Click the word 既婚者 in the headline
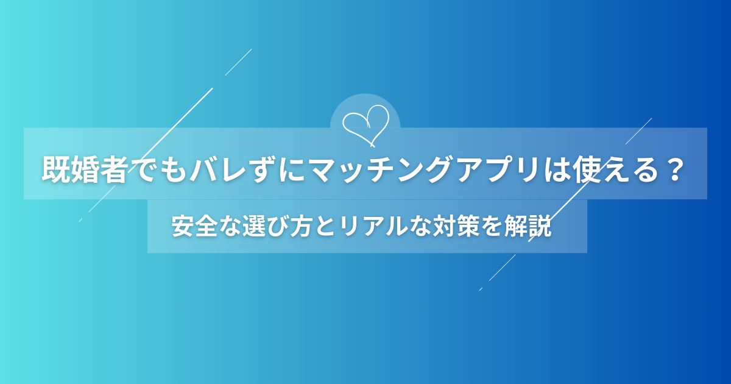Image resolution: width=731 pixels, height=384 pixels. (x=84, y=170)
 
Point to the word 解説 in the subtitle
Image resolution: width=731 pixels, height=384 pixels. (x=529, y=227)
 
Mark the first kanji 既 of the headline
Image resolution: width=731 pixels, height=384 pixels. (x=56, y=170)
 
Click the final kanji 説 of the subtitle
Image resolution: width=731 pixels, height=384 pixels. (x=542, y=227)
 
